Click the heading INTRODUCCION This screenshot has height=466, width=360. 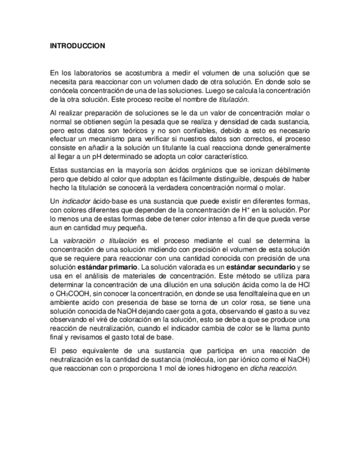pyautogui.click(x=77, y=46)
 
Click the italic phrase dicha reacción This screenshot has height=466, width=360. pyautogui.click(x=274, y=368)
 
